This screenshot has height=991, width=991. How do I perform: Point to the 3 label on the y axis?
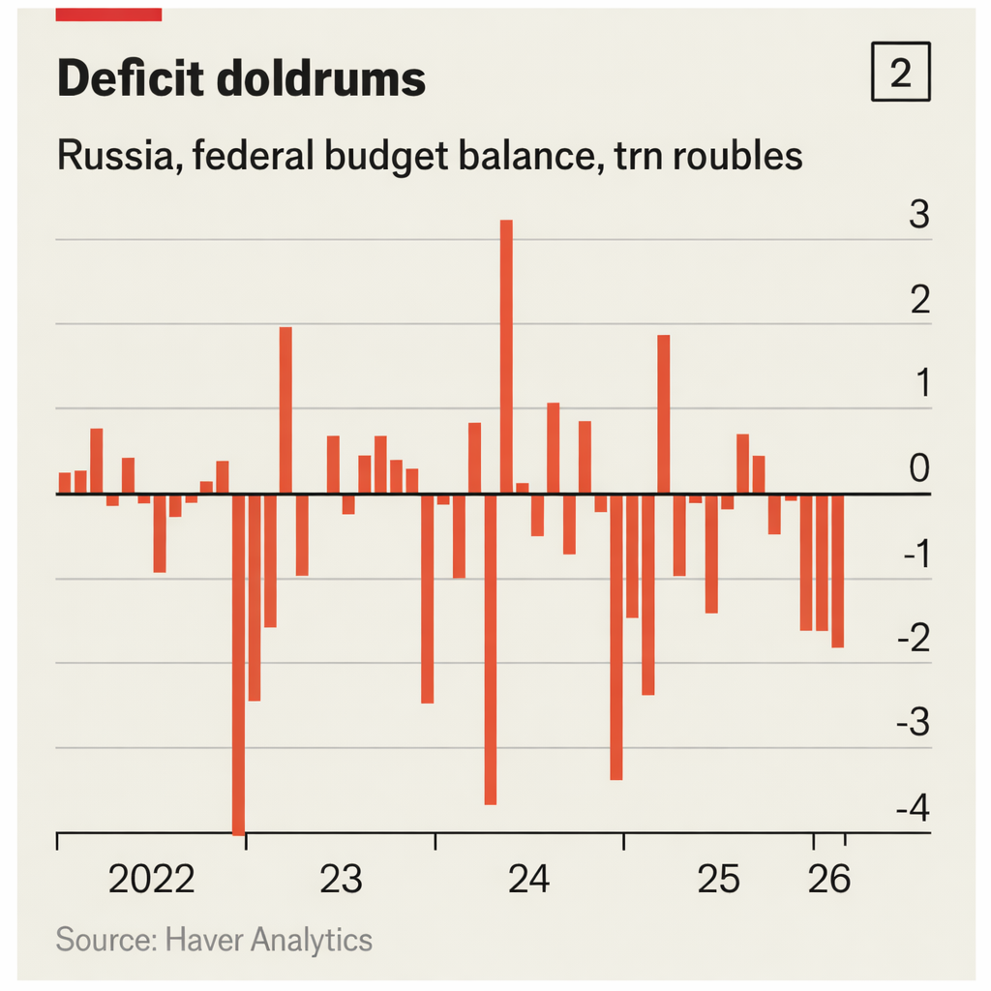point(917,215)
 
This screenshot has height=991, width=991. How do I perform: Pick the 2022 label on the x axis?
point(151,880)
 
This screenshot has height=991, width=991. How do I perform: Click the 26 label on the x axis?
point(828,880)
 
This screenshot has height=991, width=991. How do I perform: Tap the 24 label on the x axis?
point(528,880)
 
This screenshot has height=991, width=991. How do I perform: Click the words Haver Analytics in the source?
point(269,939)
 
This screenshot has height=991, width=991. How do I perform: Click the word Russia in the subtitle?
point(114,155)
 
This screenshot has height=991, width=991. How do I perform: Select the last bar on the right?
point(837,571)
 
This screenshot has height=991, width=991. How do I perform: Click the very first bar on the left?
point(64,483)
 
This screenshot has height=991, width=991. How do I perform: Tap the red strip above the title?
point(108,14)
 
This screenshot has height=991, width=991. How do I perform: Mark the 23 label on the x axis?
point(341,880)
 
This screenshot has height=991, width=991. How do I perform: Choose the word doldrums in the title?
point(320,77)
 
